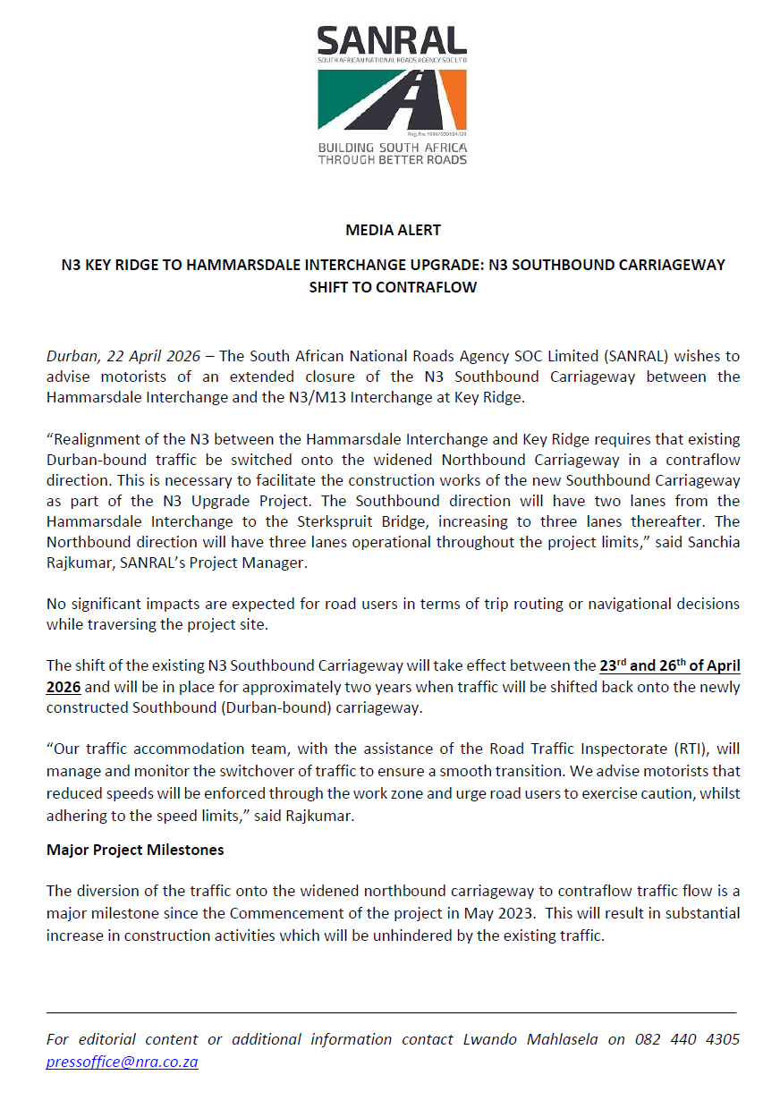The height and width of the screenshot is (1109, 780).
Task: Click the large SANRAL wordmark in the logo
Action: [x=392, y=41]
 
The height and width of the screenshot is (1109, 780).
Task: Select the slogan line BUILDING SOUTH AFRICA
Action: [x=392, y=147]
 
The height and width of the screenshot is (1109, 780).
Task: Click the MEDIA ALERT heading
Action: [x=393, y=230]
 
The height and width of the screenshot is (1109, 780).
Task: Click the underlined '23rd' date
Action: [x=614, y=665]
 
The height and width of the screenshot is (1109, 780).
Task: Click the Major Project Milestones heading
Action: [x=135, y=850]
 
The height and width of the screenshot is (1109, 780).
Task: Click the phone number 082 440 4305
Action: [x=687, y=1039]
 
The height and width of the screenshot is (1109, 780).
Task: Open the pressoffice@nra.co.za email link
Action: [x=123, y=1062]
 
